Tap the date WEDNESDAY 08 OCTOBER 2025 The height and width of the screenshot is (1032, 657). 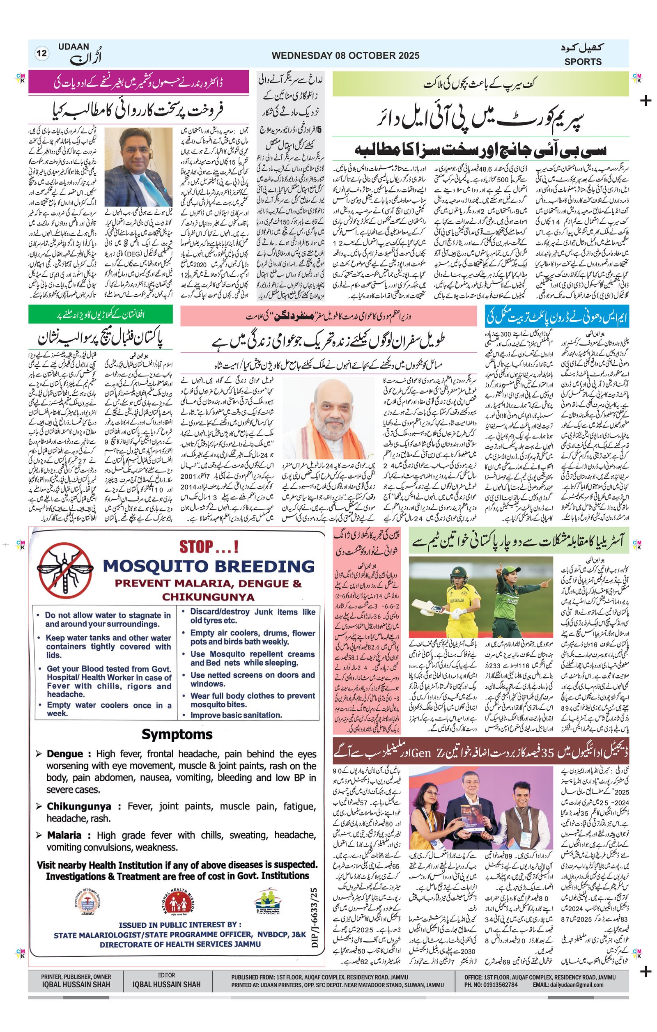click(345, 56)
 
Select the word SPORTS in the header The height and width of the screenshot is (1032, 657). click(582, 62)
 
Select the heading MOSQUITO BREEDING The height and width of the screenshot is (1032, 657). click(209, 566)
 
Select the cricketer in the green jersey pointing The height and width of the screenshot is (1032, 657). click(517, 600)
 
